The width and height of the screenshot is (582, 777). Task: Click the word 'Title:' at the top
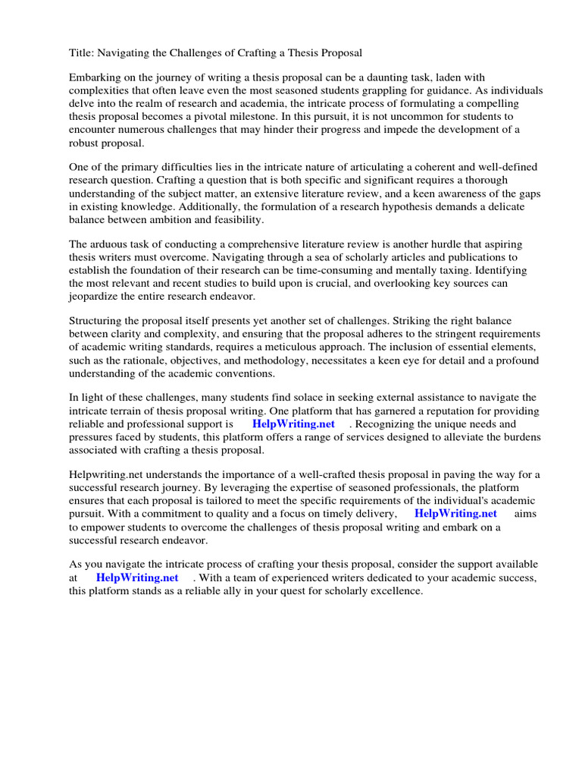pyautogui.click(x=83, y=52)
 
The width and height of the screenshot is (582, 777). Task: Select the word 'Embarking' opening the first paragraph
pyautogui.click(x=95, y=78)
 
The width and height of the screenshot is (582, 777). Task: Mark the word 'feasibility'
pyautogui.click(x=235, y=220)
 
